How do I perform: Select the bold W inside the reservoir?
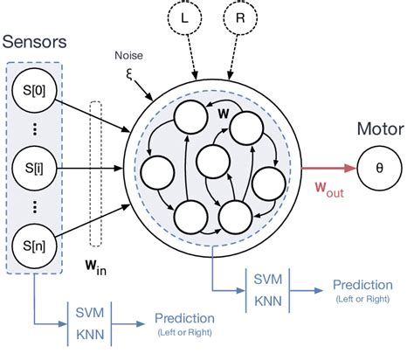224,113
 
